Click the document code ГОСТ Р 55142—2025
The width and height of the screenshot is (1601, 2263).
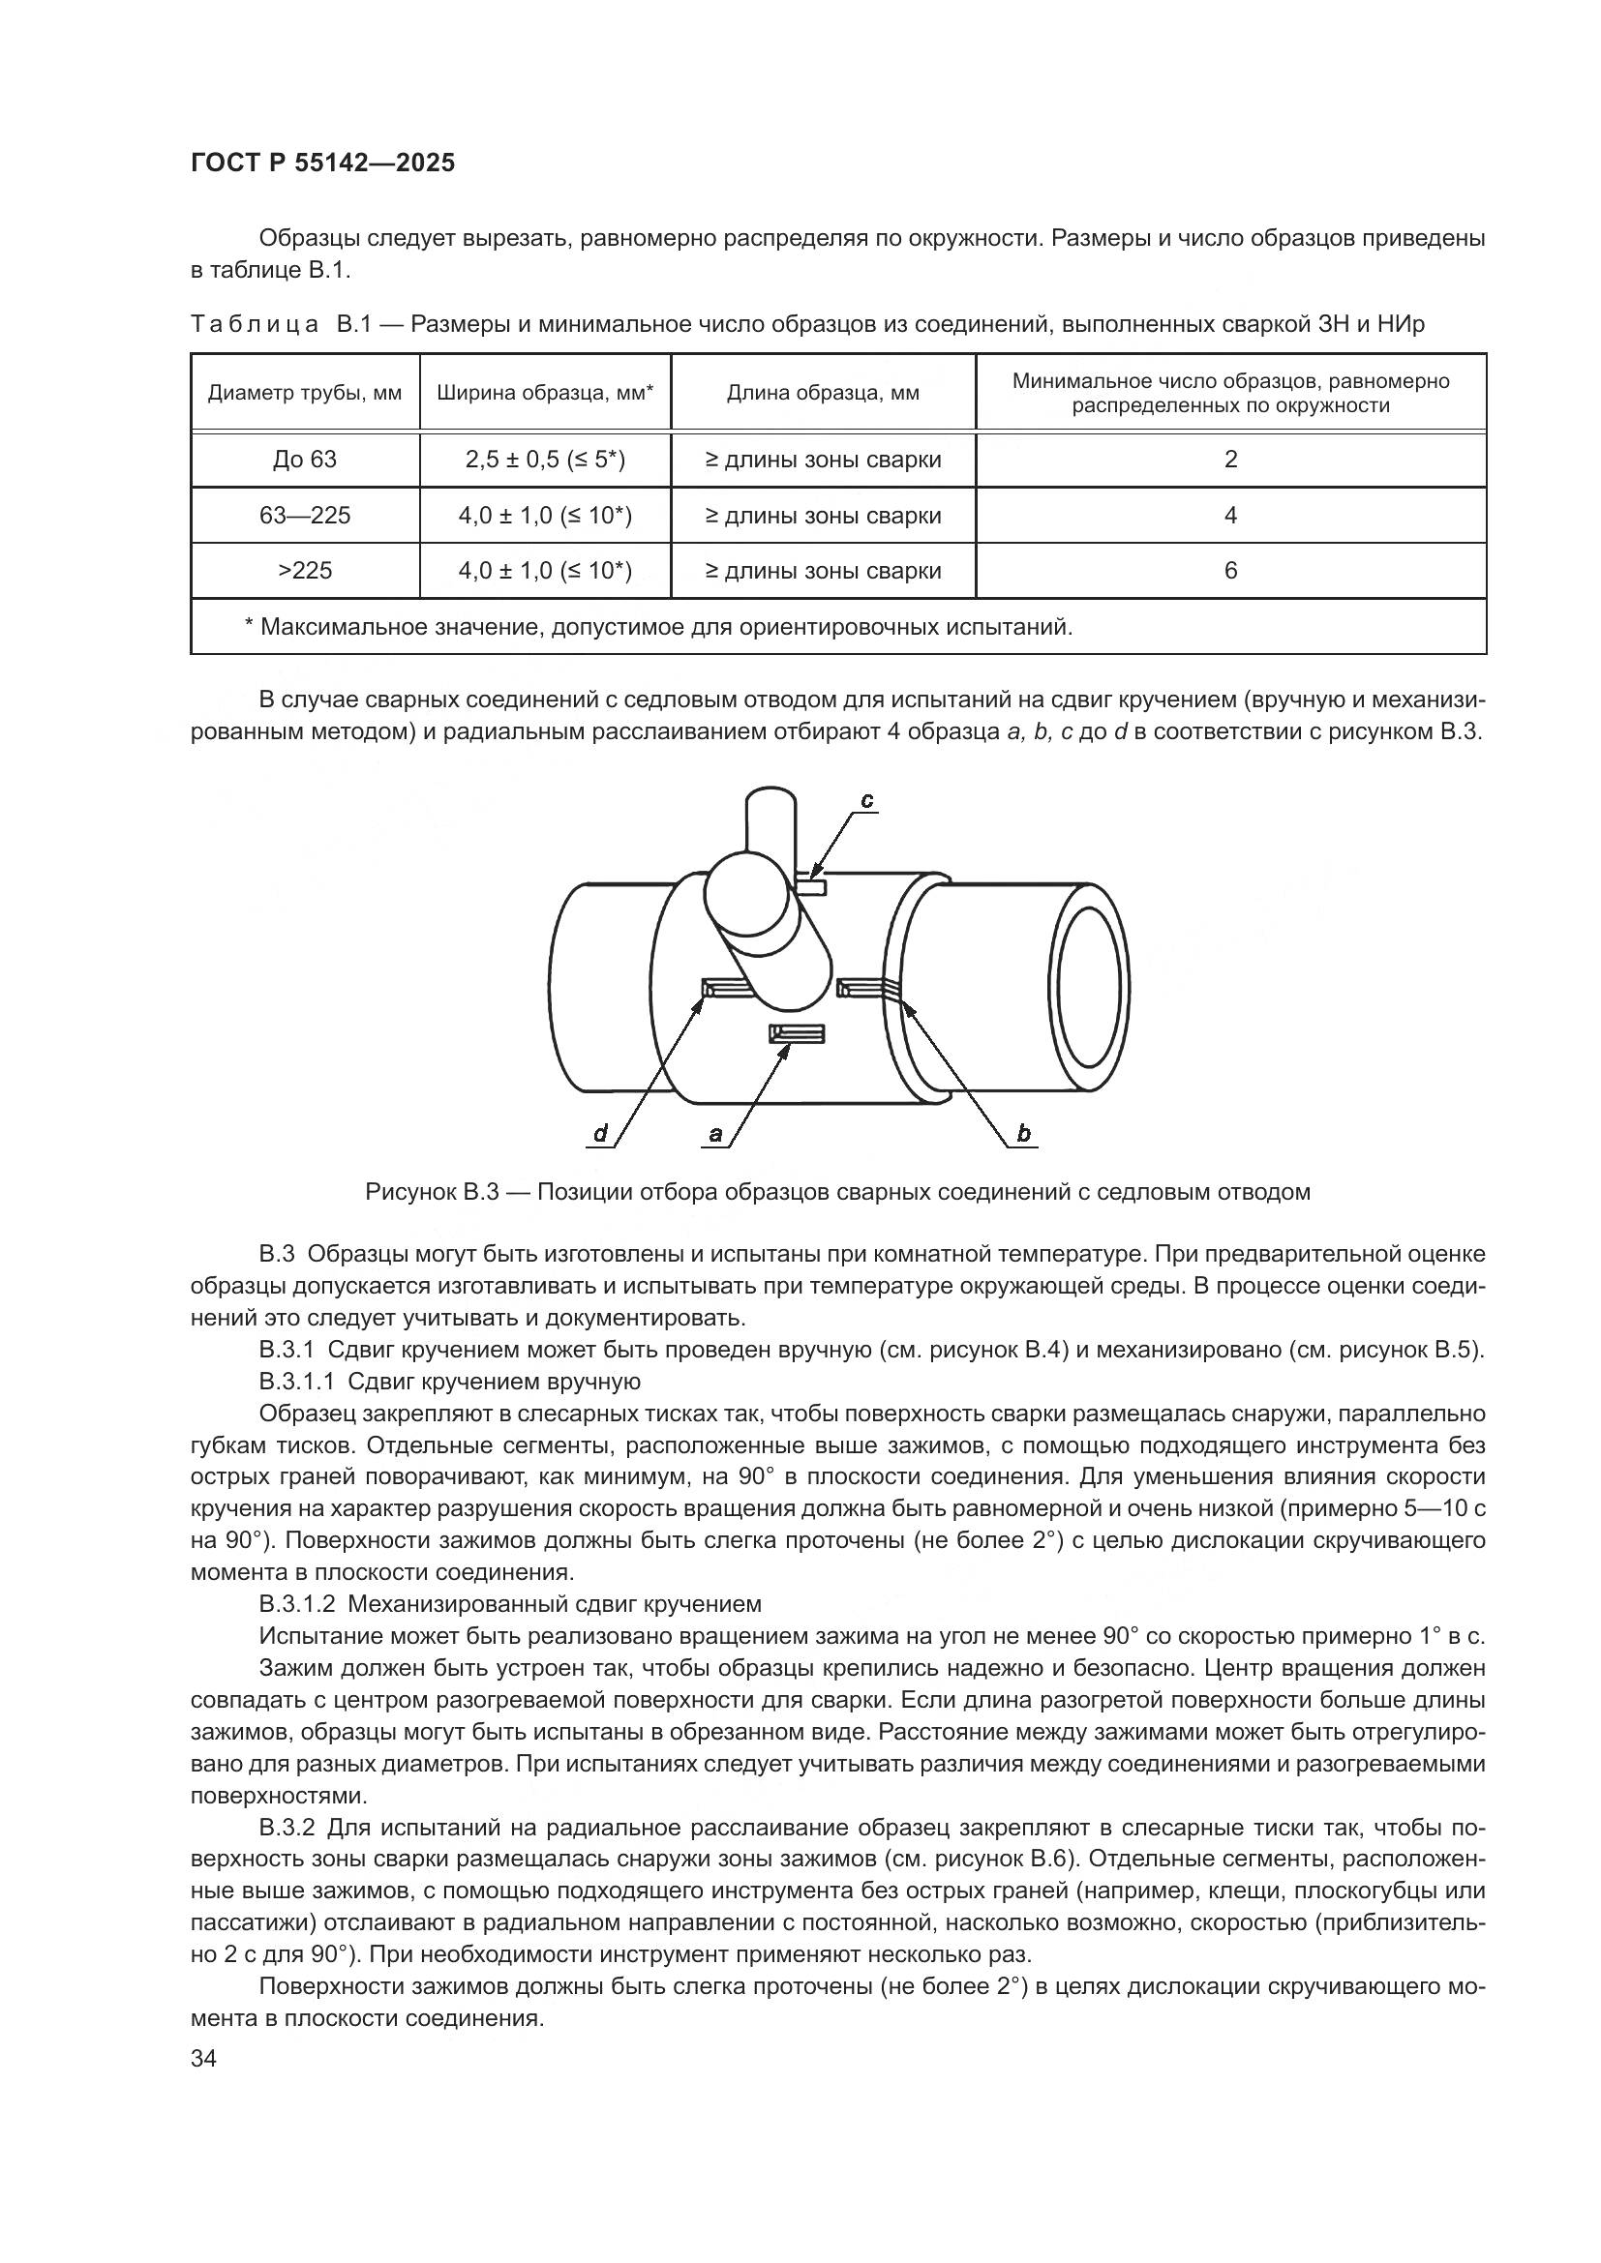pyautogui.click(x=322, y=164)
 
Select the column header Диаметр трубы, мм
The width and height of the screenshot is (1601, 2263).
pyautogui.click(x=305, y=393)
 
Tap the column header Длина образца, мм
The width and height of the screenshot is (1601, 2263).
pyautogui.click(x=822, y=393)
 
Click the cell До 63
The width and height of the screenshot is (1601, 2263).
pyautogui.click(x=305, y=460)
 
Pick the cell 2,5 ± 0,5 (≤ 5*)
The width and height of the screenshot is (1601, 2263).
pyautogui.click(x=545, y=460)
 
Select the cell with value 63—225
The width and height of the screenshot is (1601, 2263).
pyautogui.click(x=305, y=516)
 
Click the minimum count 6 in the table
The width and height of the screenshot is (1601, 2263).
pyautogui.click(x=1229, y=571)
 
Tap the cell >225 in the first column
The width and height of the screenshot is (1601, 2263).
pyautogui.click(x=305, y=571)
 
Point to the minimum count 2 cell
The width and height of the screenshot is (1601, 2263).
pyautogui.click(x=1229, y=460)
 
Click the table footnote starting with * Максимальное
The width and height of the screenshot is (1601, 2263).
pyautogui.click(x=657, y=627)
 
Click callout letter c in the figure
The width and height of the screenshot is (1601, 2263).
pyautogui.click(x=866, y=801)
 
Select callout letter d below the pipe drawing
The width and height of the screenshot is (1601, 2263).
pyautogui.click(x=600, y=1135)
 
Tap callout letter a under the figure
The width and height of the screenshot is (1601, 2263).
pyautogui.click(x=715, y=1135)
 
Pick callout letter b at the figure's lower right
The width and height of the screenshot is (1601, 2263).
pyautogui.click(x=1023, y=1135)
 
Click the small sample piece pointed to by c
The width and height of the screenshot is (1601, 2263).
pyautogui.click(x=811, y=889)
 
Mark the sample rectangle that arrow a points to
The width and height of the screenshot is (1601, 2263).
pyautogui.click(x=797, y=1033)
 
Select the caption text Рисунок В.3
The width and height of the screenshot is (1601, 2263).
pyautogui.click(x=433, y=1193)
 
